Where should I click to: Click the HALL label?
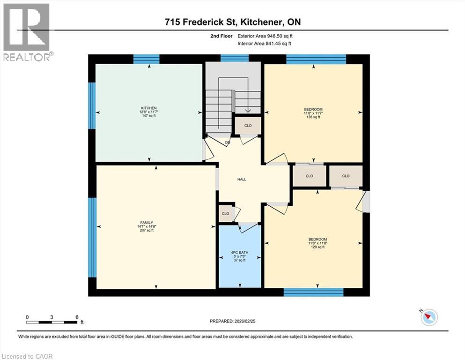242,179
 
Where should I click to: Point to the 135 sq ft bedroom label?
313,113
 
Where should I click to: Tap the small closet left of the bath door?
226,213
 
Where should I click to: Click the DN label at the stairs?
228,142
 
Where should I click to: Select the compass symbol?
428,317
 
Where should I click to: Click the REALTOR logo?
26,32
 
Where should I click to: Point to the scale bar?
52,322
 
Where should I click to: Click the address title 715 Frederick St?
232,22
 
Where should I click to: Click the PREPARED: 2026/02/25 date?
233,321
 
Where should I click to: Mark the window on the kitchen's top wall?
146,59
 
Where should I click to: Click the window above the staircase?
234,58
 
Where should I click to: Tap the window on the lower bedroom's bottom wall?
314,292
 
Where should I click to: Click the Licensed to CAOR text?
27,356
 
